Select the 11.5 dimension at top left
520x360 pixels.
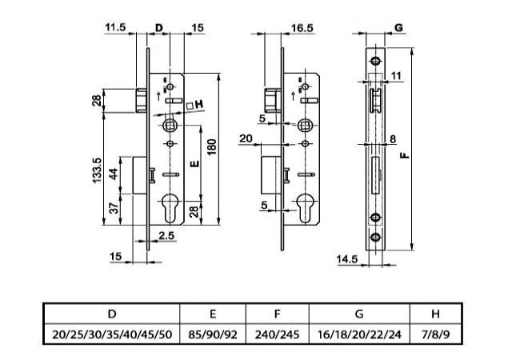coord(115,28)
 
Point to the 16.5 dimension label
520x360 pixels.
coord(278,28)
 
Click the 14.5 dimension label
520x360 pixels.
coord(346,258)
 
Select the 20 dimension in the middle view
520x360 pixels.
coord(246,140)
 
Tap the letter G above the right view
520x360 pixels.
coord(397,28)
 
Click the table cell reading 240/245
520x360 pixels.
coord(277,334)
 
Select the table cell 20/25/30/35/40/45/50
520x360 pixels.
coord(111,334)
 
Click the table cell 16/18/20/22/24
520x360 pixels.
coord(358,334)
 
